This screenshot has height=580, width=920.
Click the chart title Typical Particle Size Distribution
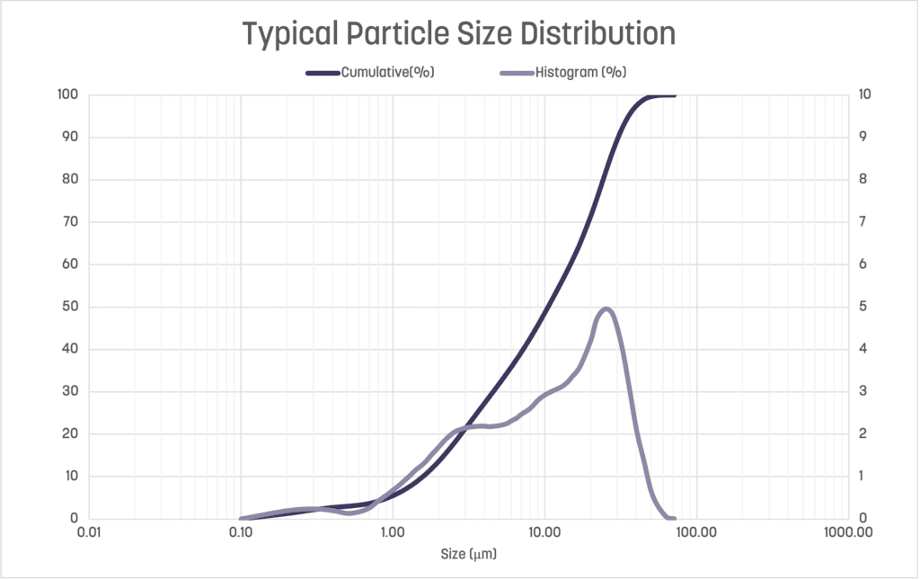[459, 33]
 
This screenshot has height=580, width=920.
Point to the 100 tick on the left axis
[68, 94]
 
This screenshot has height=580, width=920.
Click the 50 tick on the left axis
[71, 307]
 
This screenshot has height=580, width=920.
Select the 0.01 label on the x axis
[89, 531]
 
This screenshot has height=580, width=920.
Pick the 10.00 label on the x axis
[544, 531]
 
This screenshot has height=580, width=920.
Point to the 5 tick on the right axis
[863, 307]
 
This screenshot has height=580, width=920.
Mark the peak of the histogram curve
[606, 309]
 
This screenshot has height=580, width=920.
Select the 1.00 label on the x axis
[393, 531]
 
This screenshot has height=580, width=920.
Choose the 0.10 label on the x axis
[241, 531]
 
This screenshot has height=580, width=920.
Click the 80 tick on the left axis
[71, 180]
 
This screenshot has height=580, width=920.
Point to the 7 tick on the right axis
[863, 222]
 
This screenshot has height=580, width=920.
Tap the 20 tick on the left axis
[71, 434]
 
